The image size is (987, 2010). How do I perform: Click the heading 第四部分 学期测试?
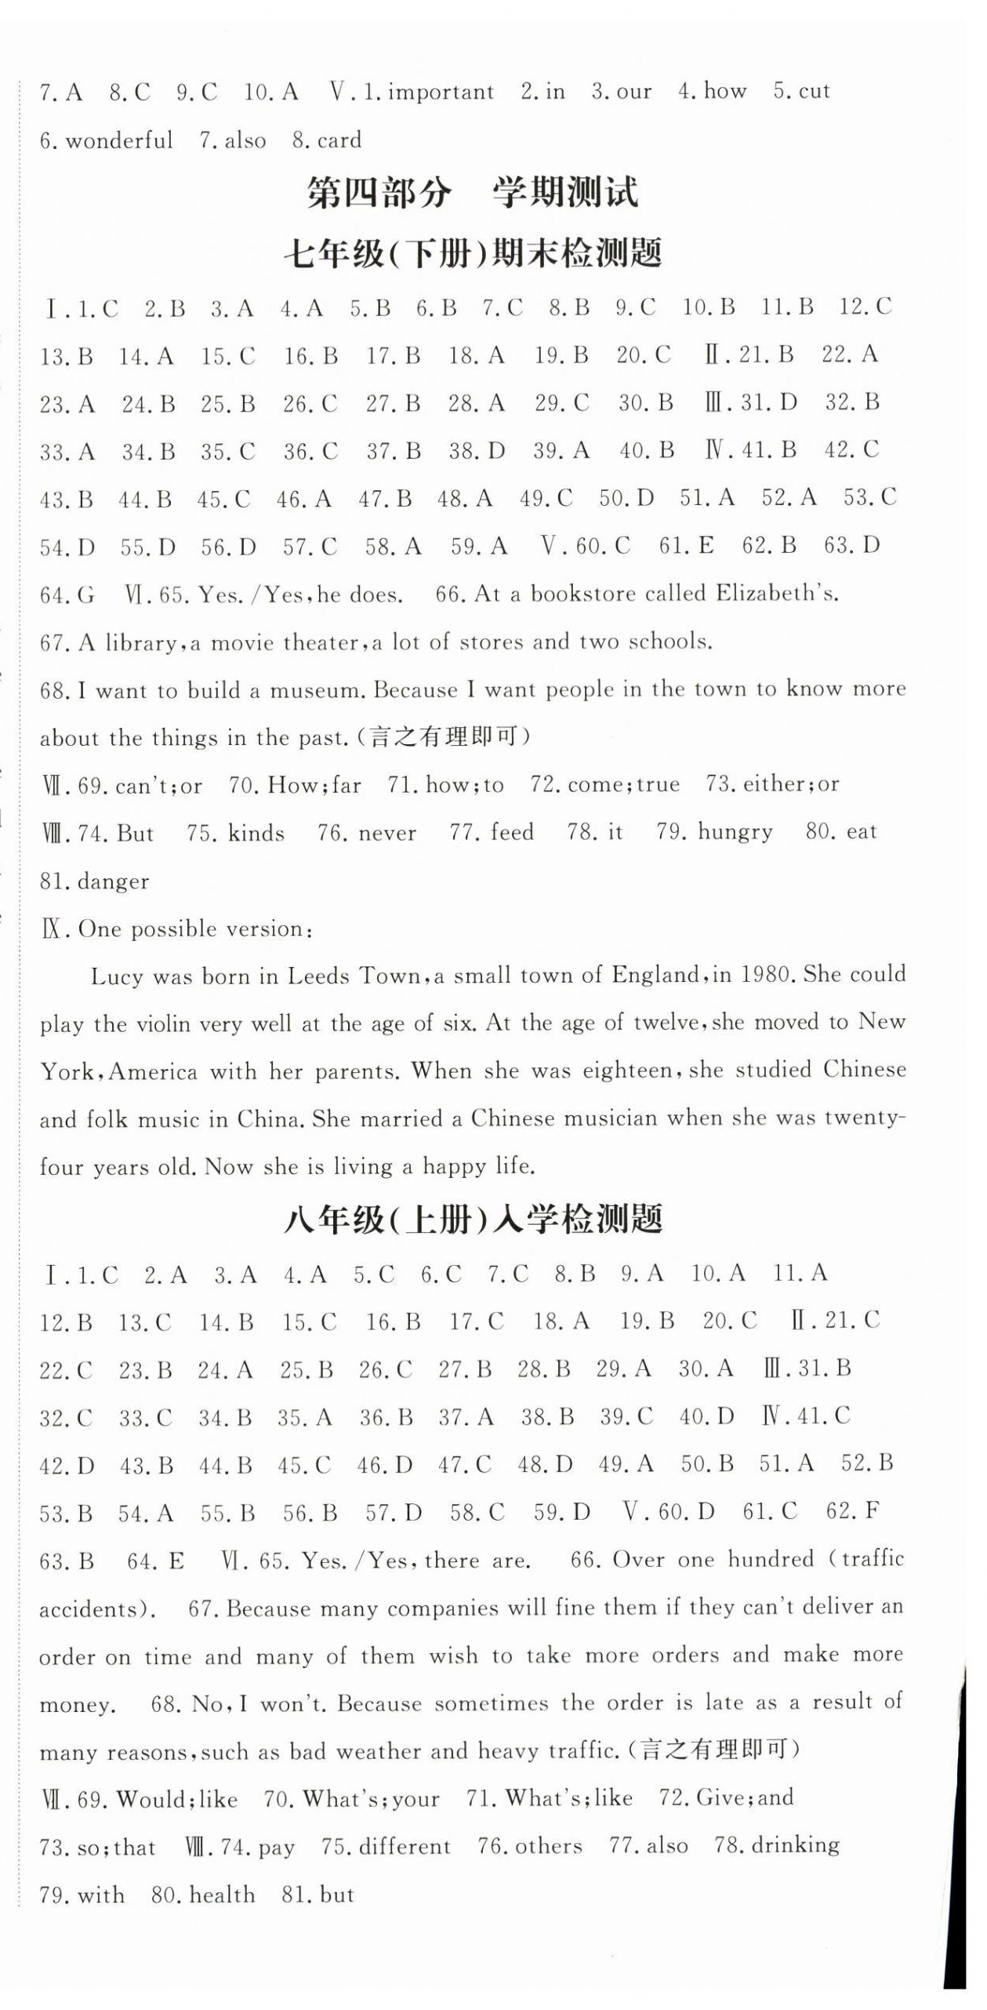pyautogui.click(x=472, y=193)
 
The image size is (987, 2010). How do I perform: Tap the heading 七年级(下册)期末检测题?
pyautogui.click(x=473, y=254)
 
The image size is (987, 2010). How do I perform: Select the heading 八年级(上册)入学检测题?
pyautogui.click(x=473, y=1220)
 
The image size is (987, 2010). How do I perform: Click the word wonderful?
pyautogui.click(x=119, y=141)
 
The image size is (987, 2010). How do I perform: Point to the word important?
pyautogui.click(x=441, y=93)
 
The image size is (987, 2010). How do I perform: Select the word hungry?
pyautogui.click(x=735, y=832)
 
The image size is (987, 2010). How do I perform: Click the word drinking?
pyautogui.click(x=795, y=1845)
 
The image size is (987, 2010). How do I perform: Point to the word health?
pyautogui.click(x=222, y=1895)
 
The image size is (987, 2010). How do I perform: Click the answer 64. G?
pyautogui.click(x=67, y=595)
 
